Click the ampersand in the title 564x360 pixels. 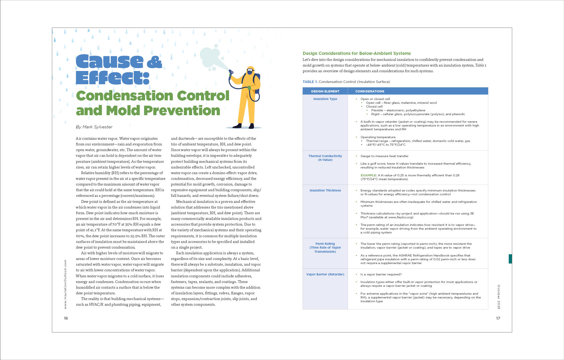click(155, 62)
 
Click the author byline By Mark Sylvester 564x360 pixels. click(94, 127)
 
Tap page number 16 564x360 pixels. click(66, 318)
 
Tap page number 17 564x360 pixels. click(498, 318)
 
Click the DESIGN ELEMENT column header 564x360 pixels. click(325, 91)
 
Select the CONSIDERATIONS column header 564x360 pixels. click(370, 91)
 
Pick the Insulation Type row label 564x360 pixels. click(325, 99)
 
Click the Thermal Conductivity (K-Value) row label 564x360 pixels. click(325, 158)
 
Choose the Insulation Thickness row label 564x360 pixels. click(325, 191)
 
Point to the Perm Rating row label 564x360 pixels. click(325, 244)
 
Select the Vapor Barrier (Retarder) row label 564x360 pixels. click(325, 274)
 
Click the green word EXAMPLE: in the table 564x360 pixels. click(368, 175)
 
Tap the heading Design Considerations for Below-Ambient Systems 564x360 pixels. click(356, 53)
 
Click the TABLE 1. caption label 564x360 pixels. click(310, 82)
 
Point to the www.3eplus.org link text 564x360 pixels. click(400, 217)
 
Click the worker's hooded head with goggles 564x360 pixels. click(250, 71)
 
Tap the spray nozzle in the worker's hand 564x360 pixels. click(231, 72)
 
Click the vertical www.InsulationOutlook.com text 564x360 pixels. click(65, 284)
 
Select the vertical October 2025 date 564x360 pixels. click(499, 297)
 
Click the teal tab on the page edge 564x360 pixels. click(510, 259)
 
